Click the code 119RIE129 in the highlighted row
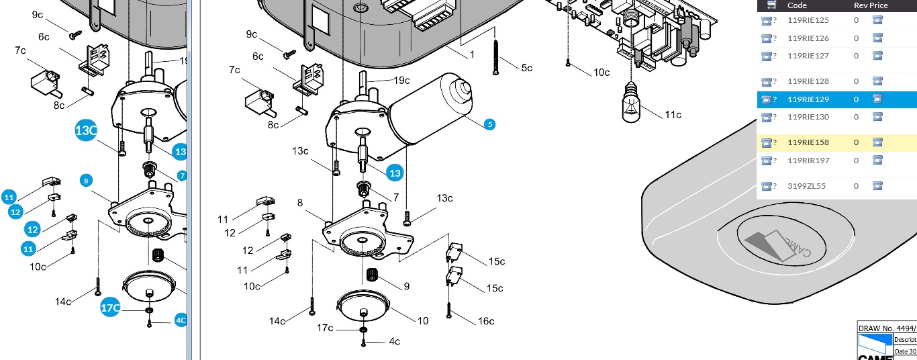point(808,99)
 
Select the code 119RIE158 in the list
point(808,142)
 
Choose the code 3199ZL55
point(806,186)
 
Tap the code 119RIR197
point(808,160)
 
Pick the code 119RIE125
point(808,20)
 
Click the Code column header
point(797,5)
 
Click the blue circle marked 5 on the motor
point(489,124)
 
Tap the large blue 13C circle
point(86,131)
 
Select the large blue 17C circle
point(110,308)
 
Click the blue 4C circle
point(181,320)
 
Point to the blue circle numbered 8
point(85,180)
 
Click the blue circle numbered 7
point(181,175)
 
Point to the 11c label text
point(673,115)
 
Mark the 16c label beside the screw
point(485,321)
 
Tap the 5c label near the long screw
point(526,68)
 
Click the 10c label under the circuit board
point(601,72)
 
